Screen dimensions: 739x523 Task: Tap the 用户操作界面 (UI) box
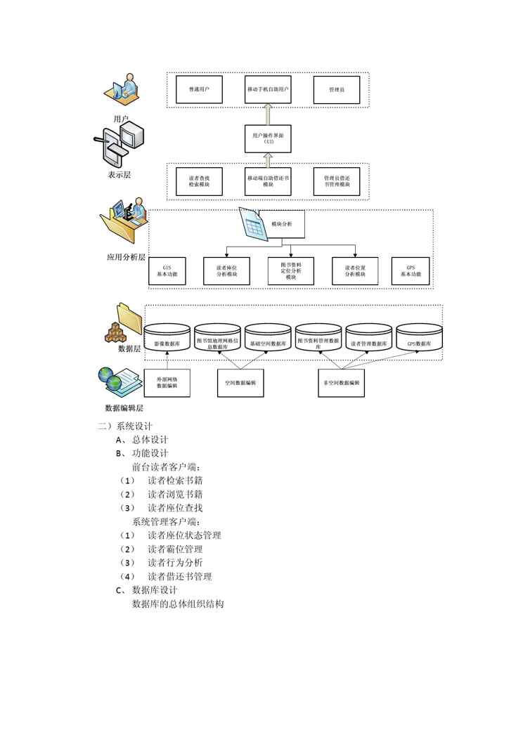point(268,138)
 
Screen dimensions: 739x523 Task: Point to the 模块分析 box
point(282,224)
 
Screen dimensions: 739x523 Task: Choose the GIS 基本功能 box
point(167,271)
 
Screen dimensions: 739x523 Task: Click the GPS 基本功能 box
point(411,271)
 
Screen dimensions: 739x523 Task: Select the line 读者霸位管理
point(175,549)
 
